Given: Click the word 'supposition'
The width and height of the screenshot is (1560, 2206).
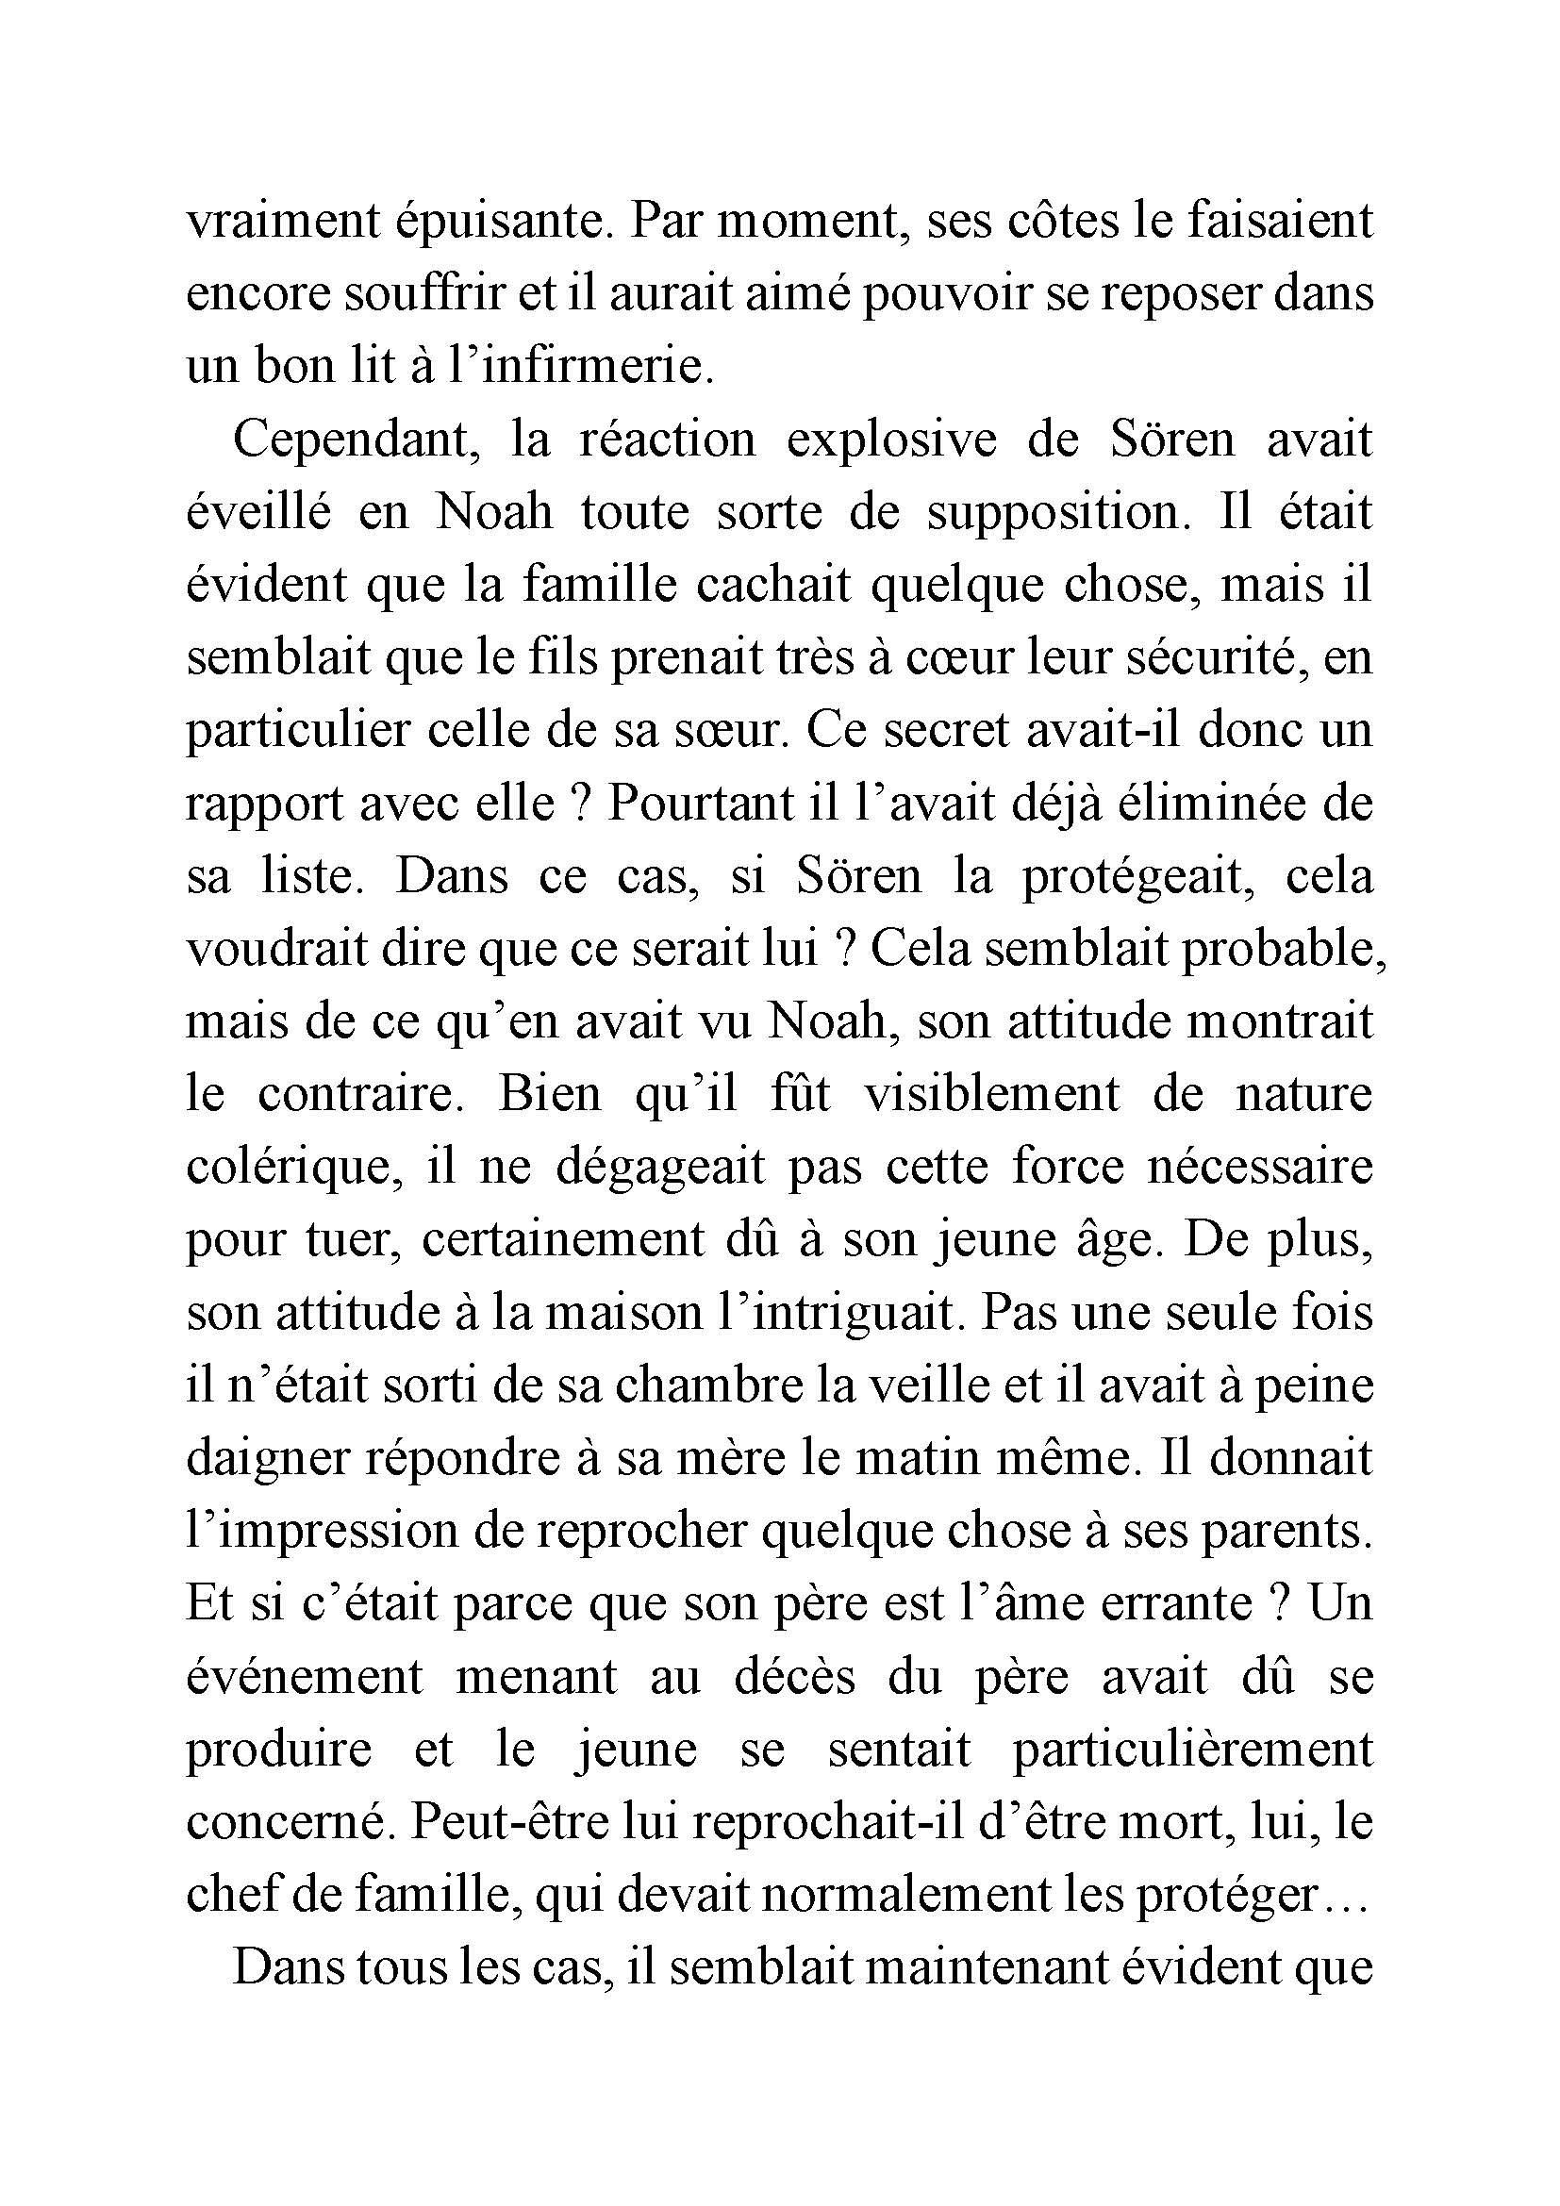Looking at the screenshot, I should point(1052,513).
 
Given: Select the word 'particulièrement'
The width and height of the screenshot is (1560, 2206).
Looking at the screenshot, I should point(1192,1751).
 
